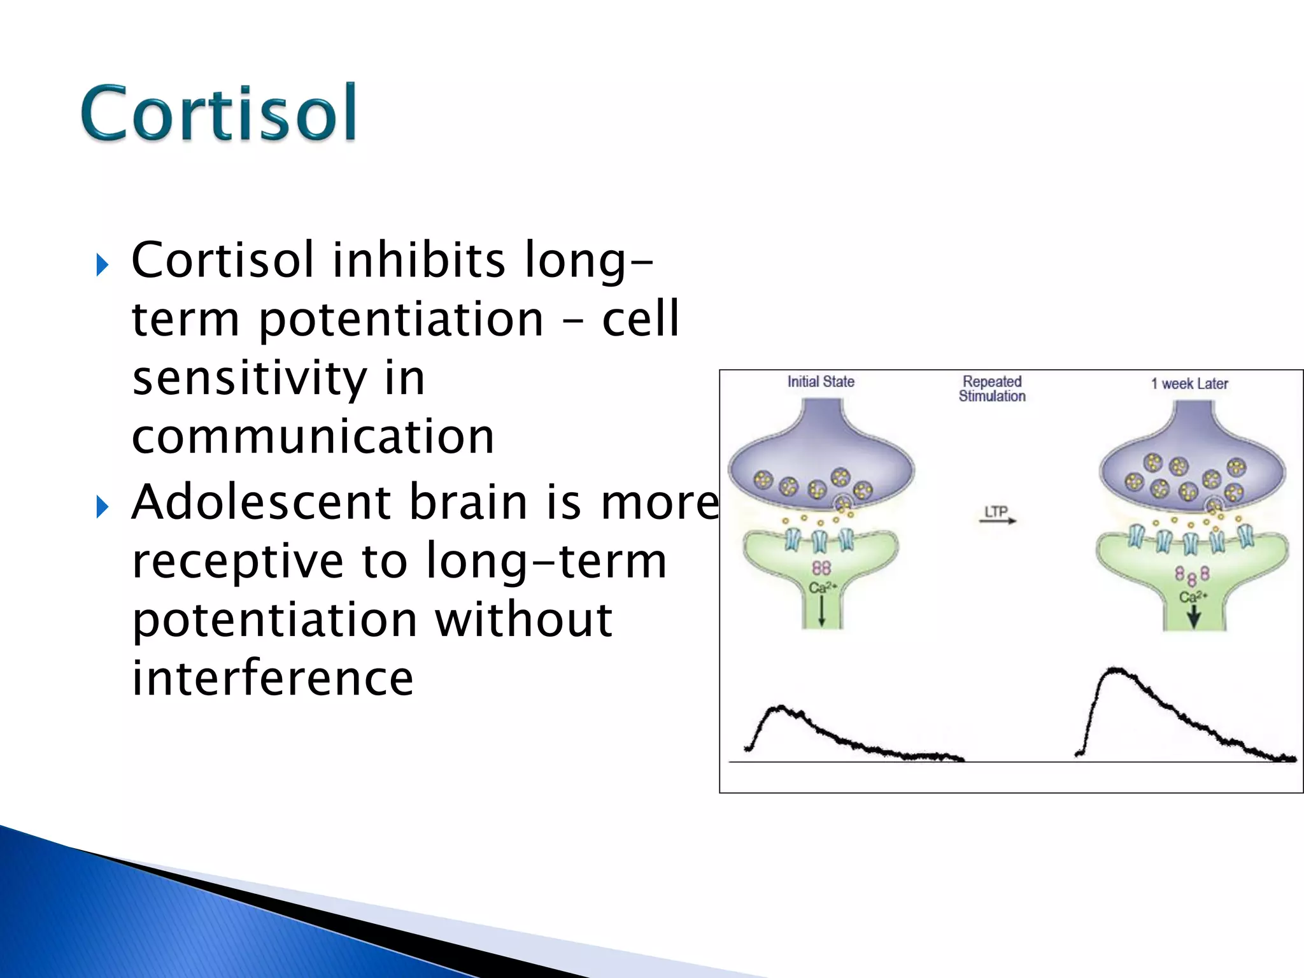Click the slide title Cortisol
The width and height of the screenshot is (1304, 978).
point(218,113)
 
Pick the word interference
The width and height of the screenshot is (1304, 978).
point(273,678)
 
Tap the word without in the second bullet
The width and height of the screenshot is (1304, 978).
point(523,620)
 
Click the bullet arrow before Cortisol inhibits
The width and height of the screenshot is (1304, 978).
point(102,264)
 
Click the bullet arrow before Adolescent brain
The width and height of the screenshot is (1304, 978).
point(102,507)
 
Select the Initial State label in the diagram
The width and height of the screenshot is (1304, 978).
point(820,381)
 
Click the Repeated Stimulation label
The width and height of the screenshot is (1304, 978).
point(991,388)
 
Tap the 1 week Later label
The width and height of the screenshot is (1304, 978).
point(1189,383)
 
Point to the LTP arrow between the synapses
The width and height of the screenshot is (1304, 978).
point(997,516)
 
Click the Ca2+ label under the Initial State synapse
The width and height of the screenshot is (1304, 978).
point(822,587)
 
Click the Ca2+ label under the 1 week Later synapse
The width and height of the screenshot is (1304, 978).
point(1193,597)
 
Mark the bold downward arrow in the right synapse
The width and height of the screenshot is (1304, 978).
point(1194,616)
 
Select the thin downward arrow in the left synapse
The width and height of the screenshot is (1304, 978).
point(821,611)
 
